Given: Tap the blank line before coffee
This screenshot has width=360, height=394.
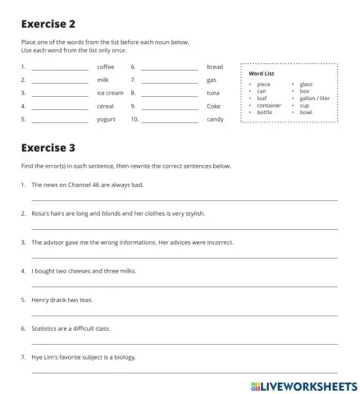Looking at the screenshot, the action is coord(59,67).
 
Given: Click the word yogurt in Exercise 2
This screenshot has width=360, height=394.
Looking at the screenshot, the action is coord(107,119).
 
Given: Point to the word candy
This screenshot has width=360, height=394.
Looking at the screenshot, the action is coord(215,119).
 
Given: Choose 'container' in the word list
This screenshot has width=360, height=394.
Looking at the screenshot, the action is coord(269,105).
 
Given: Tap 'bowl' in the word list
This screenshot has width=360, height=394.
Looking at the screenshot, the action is coord(306,112).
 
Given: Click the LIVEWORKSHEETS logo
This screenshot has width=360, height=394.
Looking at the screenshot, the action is coord(300,384).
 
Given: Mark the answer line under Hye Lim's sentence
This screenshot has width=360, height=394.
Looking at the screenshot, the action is coord(184,372).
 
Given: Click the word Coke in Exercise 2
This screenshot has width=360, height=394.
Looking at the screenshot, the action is coord(214,106).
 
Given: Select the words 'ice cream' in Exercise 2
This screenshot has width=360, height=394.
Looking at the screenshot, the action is coord(110,93).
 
